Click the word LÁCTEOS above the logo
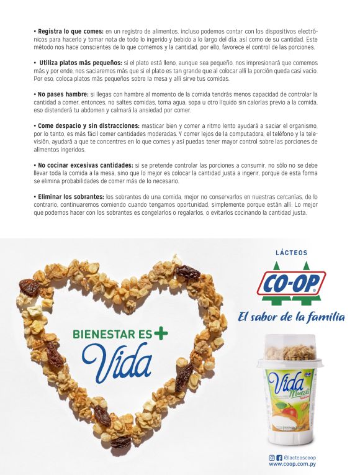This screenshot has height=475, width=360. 291,253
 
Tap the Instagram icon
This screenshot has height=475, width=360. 271,458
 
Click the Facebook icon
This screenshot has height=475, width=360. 279,458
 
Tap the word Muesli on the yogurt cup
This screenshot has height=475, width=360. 299,392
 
